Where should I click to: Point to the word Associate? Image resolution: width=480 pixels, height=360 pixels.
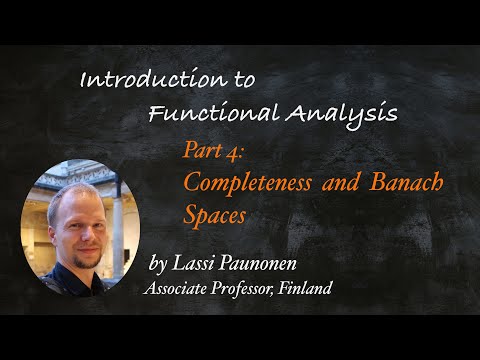[178, 289]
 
